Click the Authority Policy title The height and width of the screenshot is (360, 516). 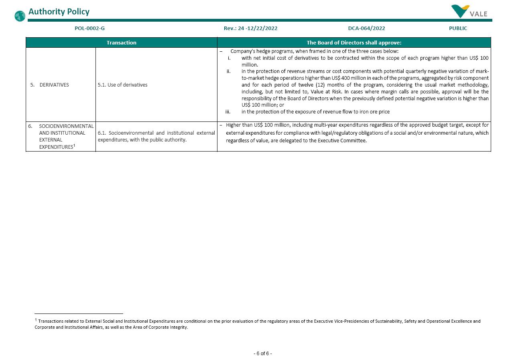[x=59, y=12]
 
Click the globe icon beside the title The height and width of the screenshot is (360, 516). [x=20, y=16]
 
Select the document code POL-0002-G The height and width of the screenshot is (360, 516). [x=89, y=28]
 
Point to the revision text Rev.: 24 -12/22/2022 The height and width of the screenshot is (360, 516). [x=250, y=28]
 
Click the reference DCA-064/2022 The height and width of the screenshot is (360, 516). [x=366, y=28]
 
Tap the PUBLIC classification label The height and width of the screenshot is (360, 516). [x=458, y=28]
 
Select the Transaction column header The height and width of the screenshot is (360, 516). [x=121, y=42]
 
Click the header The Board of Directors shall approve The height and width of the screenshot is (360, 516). [x=353, y=42]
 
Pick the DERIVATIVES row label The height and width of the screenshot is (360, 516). [x=54, y=85]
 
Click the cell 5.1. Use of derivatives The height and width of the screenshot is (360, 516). [x=122, y=85]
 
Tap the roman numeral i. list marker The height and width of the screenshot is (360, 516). [x=229, y=58]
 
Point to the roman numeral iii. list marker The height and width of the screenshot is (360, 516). [x=228, y=112]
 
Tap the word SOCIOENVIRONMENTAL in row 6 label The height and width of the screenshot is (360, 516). [x=66, y=126]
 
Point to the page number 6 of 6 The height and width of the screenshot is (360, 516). [x=262, y=354]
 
